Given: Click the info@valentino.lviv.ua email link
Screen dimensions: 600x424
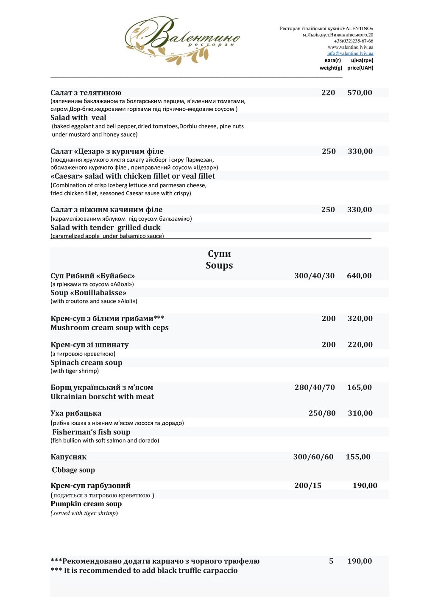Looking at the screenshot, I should (x=350, y=53).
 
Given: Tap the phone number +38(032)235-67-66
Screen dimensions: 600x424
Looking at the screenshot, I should (x=354, y=41).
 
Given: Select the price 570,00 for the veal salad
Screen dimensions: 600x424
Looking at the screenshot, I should (x=360, y=93).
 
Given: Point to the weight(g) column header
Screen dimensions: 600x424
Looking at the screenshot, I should (x=331, y=68).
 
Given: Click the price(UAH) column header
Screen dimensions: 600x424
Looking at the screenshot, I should (x=360, y=68).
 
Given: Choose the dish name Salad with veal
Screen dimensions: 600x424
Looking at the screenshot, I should (x=78, y=118).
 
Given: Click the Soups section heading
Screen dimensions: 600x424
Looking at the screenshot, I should (x=219, y=266).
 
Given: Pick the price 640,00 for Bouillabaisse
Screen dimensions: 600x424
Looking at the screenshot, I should (x=359, y=276).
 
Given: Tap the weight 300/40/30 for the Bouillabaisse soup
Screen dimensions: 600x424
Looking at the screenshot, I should (x=314, y=276).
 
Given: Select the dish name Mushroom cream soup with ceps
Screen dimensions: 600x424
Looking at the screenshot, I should (x=109, y=328).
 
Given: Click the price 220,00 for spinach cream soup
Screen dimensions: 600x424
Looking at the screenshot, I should (x=360, y=345).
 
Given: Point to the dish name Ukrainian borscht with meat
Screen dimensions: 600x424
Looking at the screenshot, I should (x=102, y=397).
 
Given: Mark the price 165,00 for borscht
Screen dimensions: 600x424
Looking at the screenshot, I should (x=359, y=387).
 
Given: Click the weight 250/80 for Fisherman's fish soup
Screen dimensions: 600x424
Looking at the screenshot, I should (x=322, y=413).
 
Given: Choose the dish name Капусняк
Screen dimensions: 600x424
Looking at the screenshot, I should (x=69, y=457).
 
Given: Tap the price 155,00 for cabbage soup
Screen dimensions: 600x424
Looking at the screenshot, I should (x=358, y=457).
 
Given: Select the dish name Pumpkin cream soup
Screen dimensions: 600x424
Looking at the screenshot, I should (x=86, y=504).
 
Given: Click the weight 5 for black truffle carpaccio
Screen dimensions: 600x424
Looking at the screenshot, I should (x=331, y=561).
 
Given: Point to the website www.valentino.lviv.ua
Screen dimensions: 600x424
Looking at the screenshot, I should (x=350, y=48).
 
